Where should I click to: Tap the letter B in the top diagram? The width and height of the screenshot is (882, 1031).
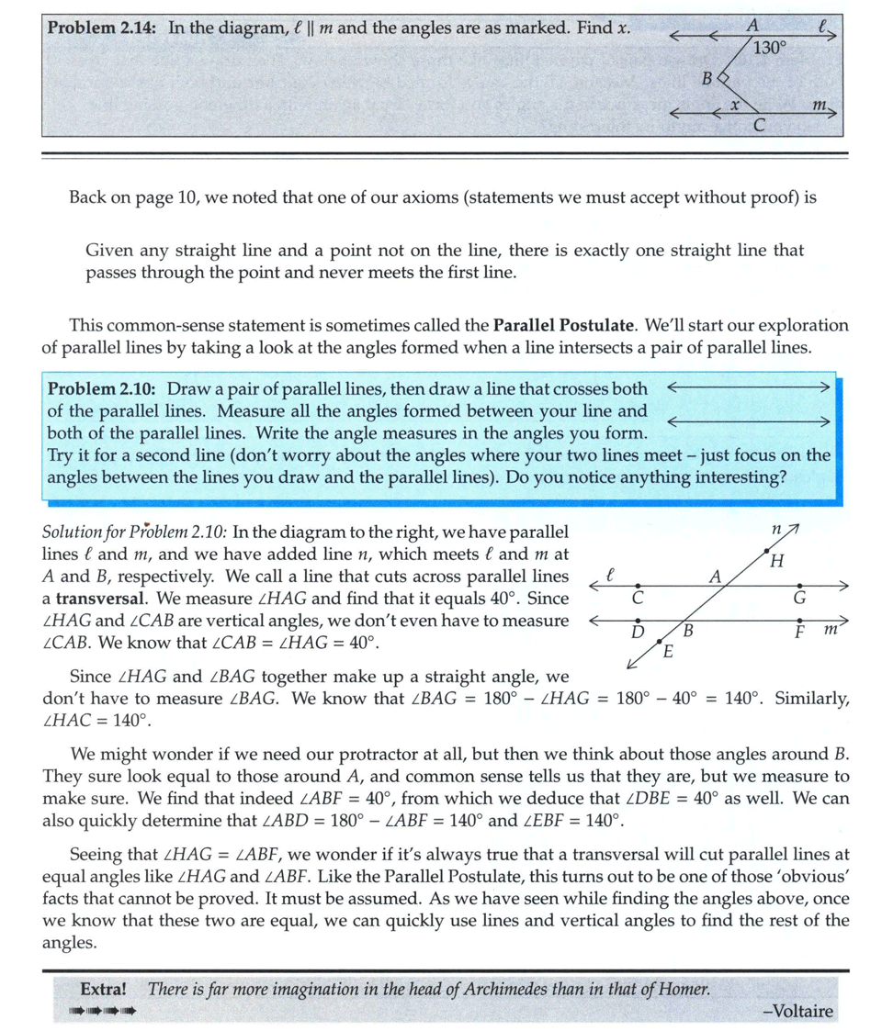click(707, 80)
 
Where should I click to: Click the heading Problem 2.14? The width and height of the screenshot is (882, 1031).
click(102, 28)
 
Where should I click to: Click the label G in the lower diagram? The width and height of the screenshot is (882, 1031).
click(799, 598)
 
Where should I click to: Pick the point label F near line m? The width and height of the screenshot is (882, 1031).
click(799, 633)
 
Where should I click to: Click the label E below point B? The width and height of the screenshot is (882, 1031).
click(668, 653)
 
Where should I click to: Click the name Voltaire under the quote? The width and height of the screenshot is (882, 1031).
click(797, 1012)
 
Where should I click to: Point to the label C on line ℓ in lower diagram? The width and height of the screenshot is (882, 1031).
click(637, 598)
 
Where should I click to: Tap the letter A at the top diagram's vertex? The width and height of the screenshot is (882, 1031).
click(752, 27)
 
